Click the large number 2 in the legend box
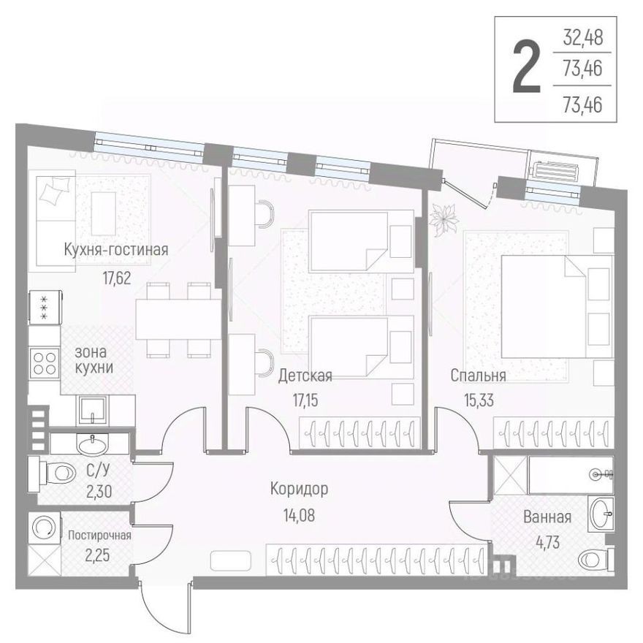pyautogui.click(x=526, y=69)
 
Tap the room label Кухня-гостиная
pyautogui.click(x=115, y=250)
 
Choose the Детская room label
pyautogui.click(x=305, y=376)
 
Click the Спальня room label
pyautogui.click(x=478, y=376)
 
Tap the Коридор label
pyautogui.click(x=298, y=488)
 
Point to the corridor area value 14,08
pyautogui.click(x=298, y=513)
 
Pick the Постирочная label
pyautogui.click(x=99, y=535)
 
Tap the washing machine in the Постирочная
pyautogui.click(x=45, y=527)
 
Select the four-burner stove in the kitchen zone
pyautogui.click(x=44, y=362)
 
